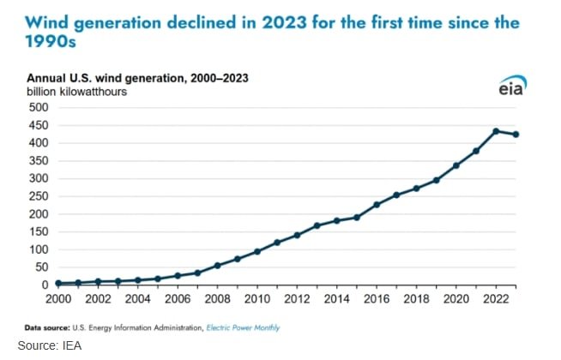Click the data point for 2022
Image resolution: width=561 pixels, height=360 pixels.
click(496, 131)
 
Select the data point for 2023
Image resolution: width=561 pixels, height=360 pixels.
click(516, 135)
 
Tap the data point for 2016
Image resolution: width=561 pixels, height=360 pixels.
click(377, 205)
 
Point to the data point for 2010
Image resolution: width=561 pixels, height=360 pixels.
click(256, 251)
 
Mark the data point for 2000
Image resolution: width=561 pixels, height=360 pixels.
click(57, 283)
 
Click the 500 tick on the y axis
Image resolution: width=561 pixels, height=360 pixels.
click(37, 108)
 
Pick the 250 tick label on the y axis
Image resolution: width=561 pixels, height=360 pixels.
click(37, 196)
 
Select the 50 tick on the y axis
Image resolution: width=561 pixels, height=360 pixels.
click(40, 267)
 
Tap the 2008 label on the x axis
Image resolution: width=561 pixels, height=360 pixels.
click(216, 300)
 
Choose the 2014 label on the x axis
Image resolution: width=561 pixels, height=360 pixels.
click(336, 300)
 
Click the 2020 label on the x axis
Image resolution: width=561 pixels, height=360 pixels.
click(456, 300)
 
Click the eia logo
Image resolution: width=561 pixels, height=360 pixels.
click(512, 87)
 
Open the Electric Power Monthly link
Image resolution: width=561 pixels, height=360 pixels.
click(243, 327)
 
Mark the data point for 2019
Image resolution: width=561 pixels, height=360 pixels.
click(437, 180)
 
